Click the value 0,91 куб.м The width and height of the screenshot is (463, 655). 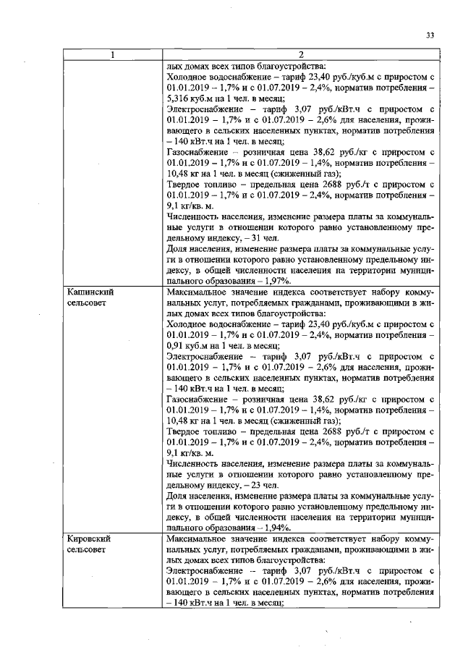pos(187,346)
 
